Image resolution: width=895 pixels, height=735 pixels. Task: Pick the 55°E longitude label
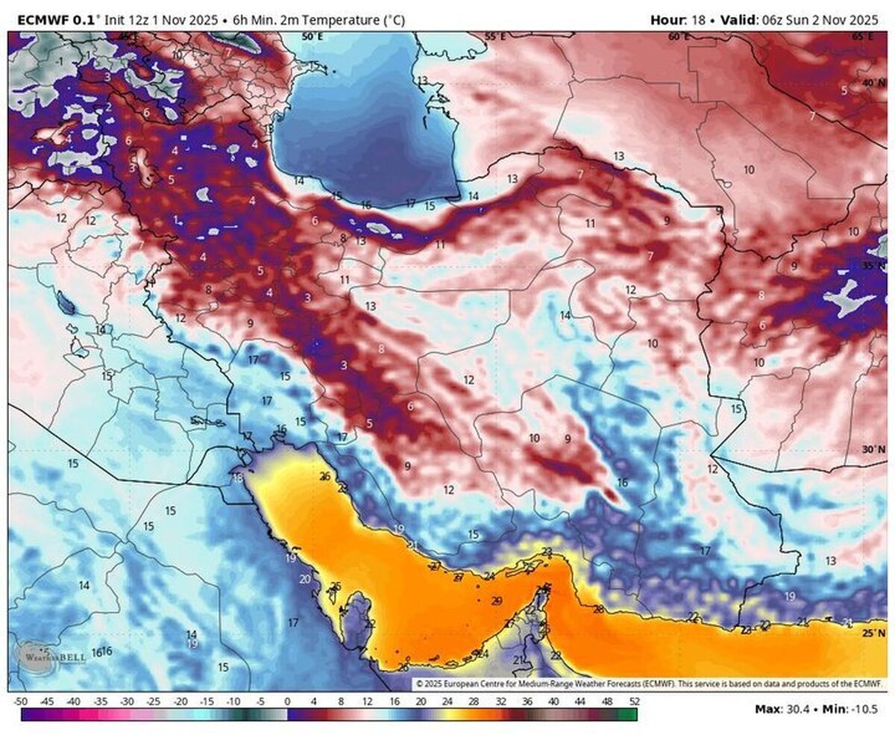(496, 37)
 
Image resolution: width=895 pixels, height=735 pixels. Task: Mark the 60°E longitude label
(679, 37)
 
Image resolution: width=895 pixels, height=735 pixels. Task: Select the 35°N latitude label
(873, 266)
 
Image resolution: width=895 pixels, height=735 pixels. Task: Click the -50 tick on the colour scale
(21, 701)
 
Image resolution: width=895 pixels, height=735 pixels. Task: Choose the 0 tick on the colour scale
(287, 701)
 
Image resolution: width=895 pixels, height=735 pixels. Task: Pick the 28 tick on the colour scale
(473, 701)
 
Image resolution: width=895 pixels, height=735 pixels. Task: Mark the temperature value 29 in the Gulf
(497, 601)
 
